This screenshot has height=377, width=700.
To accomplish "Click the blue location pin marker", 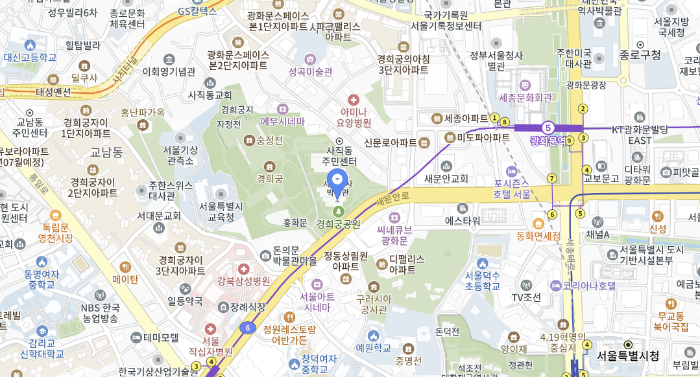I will pyautogui.click(x=337, y=181).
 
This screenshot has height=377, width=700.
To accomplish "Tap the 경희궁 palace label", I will pyautogui.click(x=270, y=177).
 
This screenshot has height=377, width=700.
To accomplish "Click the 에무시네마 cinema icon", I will pyautogui.click(x=282, y=109).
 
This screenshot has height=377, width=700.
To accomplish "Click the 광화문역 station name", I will pyautogui.click(x=548, y=140).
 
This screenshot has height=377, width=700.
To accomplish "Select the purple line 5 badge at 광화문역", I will pyautogui.click(x=548, y=128).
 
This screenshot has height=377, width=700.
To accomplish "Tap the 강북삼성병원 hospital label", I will pyautogui.click(x=243, y=280).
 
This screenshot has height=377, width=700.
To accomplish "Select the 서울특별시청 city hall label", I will pyautogui.click(x=628, y=356).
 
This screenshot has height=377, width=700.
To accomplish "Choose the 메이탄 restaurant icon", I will pyautogui.click(x=125, y=266).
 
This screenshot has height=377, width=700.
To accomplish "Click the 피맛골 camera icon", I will pyautogui.click(x=666, y=172).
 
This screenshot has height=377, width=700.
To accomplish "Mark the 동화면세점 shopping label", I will pyautogui.click(x=538, y=236).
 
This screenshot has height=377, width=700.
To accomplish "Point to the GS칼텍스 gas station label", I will pyautogui.click(x=197, y=11).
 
